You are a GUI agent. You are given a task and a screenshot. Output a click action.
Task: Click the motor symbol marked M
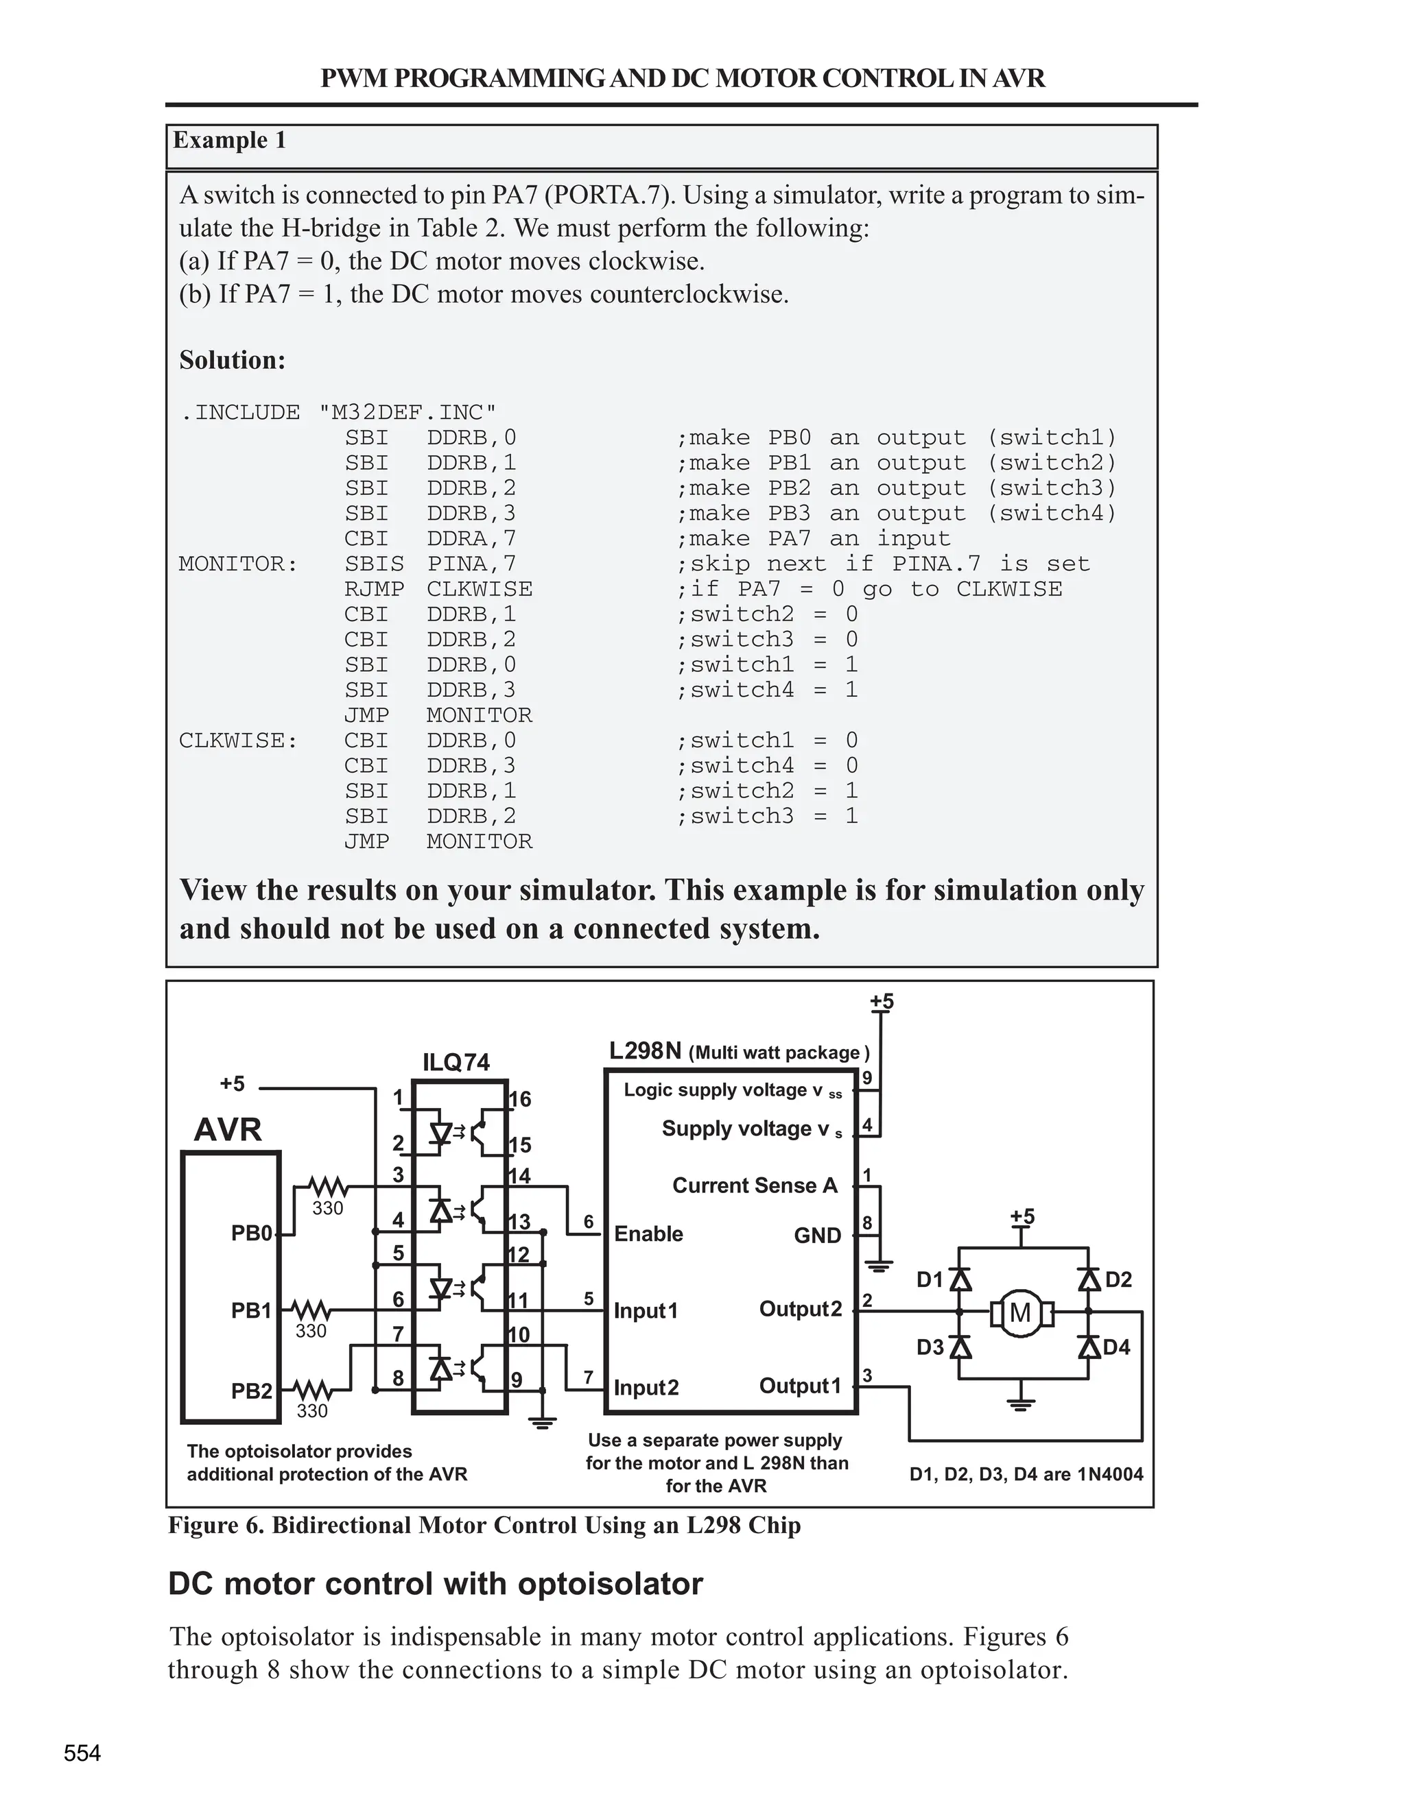(1019, 1314)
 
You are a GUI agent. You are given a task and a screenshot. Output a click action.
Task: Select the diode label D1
(930, 1279)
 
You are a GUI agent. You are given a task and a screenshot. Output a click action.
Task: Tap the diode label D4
(1116, 1346)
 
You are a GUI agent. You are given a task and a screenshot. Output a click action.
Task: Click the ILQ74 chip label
(456, 1062)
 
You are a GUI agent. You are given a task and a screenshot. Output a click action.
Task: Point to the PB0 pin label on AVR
(251, 1233)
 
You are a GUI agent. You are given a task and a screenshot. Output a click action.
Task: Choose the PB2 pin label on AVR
(251, 1391)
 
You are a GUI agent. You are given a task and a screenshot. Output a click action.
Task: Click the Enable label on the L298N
(648, 1234)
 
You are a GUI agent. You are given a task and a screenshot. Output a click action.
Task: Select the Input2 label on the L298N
(646, 1388)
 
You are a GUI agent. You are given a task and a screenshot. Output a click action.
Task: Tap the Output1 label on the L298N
(800, 1386)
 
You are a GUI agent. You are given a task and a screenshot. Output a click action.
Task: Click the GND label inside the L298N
(817, 1236)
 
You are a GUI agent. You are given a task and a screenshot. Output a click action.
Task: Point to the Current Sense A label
(755, 1186)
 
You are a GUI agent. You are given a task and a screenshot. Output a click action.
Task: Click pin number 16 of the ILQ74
(519, 1100)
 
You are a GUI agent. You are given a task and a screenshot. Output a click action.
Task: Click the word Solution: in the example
(233, 360)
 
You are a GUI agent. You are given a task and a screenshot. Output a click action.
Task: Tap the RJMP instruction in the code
(374, 589)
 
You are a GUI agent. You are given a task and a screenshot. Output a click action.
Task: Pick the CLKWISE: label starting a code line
(238, 741)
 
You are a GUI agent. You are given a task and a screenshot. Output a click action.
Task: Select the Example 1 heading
(230, 140)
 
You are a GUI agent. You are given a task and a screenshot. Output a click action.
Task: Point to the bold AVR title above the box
(227, 1130)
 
